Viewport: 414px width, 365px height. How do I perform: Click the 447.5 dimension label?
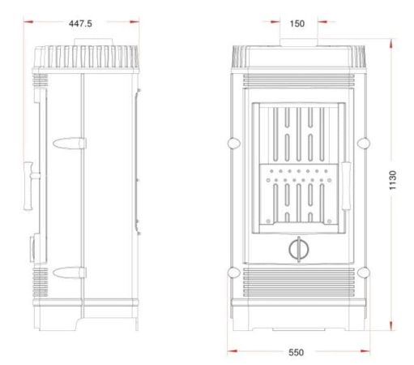pos(80,24)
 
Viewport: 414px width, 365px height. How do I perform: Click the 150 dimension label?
pos(297,24)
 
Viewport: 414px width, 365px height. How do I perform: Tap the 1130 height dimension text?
pos(393,180)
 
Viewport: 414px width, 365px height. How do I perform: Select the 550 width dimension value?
pos(297,352)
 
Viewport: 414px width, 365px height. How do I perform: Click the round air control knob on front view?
pos(299,249)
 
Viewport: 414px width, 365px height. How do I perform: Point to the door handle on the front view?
pos(346,186)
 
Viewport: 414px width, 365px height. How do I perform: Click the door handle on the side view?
pos(29,186)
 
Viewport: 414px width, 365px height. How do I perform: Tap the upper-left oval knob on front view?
pos(234,143)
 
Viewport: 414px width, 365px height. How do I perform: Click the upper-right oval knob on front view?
pos(363,143)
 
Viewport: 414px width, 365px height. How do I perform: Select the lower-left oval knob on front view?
pos(234,273)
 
